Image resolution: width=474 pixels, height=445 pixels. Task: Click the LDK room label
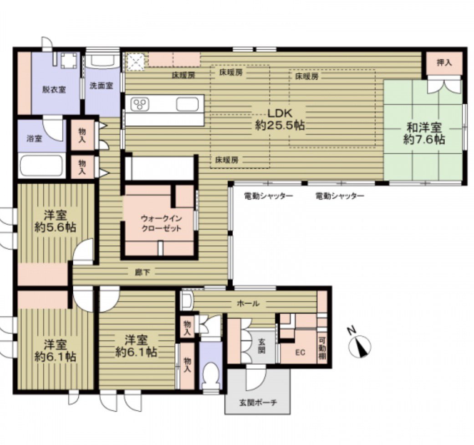[280, 113]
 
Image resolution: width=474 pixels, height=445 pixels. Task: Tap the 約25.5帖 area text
[280, 125]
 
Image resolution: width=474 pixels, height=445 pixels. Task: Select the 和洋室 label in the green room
[423, 127]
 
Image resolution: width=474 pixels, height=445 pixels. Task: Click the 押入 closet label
[444, 62]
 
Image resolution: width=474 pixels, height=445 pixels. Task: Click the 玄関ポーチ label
[258, 403]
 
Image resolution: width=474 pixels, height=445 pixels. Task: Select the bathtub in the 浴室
[41, 166]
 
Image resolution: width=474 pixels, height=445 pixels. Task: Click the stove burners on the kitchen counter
[140, 104]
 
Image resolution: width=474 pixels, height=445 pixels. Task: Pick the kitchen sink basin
[188, 104]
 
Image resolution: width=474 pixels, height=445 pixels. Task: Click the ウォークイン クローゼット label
[162, 223]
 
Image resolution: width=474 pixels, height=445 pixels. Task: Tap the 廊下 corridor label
[142, 273]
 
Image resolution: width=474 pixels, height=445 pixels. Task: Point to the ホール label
[248, 303]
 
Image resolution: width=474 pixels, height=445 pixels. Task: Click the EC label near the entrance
[300, 352]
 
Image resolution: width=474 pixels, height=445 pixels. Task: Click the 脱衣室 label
[54, 90]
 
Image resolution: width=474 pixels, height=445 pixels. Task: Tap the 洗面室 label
[102, 86]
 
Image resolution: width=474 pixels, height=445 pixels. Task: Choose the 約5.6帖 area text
[55, 228]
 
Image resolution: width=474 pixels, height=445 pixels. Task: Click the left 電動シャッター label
[269, 196]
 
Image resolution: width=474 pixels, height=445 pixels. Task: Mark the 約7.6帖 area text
[424, 139]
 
